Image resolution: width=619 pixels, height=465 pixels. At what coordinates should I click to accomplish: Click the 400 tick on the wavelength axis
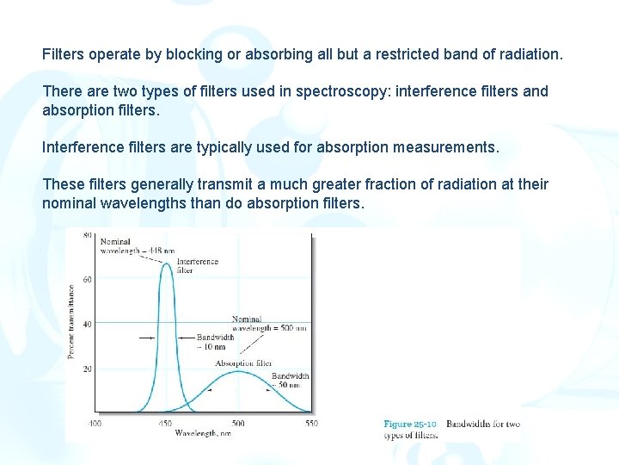click(x=94, y=423)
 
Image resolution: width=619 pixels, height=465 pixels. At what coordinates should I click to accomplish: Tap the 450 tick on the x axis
click(x=165, y=423)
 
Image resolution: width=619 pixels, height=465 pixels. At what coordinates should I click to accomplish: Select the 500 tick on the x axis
click(x=238, y=423)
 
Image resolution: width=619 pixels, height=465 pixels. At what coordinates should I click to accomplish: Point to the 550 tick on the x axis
click(x=310, y=423)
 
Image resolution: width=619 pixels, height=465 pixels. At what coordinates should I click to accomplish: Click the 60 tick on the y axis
click(x=87, y=279)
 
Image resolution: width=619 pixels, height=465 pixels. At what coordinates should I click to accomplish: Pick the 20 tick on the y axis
click(x=87, y=369)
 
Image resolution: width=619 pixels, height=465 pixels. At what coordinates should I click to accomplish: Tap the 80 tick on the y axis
click(x=87, y=235)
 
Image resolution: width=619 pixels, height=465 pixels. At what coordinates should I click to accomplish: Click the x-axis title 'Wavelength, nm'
click(x=203, y=433)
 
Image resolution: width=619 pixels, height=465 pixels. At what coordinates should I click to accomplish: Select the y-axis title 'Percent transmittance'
click(x=72, y=322)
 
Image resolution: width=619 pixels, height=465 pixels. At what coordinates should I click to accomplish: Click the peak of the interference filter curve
click(x=167, y=263)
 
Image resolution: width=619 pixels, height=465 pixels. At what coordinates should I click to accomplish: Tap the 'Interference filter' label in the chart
click(x=197, y=265)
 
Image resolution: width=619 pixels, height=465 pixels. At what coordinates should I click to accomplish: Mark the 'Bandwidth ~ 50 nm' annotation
click(x=290, y=381)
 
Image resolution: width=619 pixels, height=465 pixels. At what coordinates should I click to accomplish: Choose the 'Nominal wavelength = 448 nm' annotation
click(x=131, y=245)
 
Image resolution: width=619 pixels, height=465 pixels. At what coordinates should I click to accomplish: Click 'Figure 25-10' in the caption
click(x=410, y=424)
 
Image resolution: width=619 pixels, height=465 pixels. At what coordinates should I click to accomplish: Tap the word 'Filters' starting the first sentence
click(x=64, y=54)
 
